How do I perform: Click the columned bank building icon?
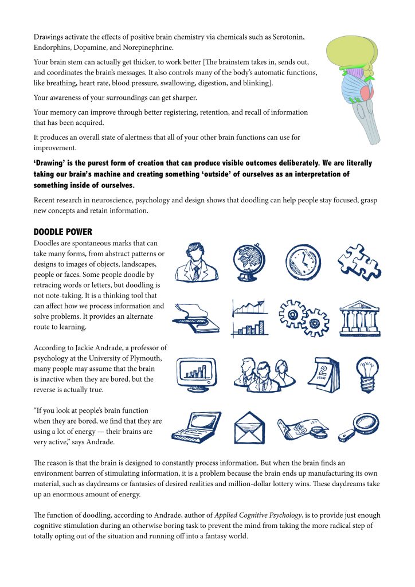coord(358,317)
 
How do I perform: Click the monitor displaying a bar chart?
coord(196,373)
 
